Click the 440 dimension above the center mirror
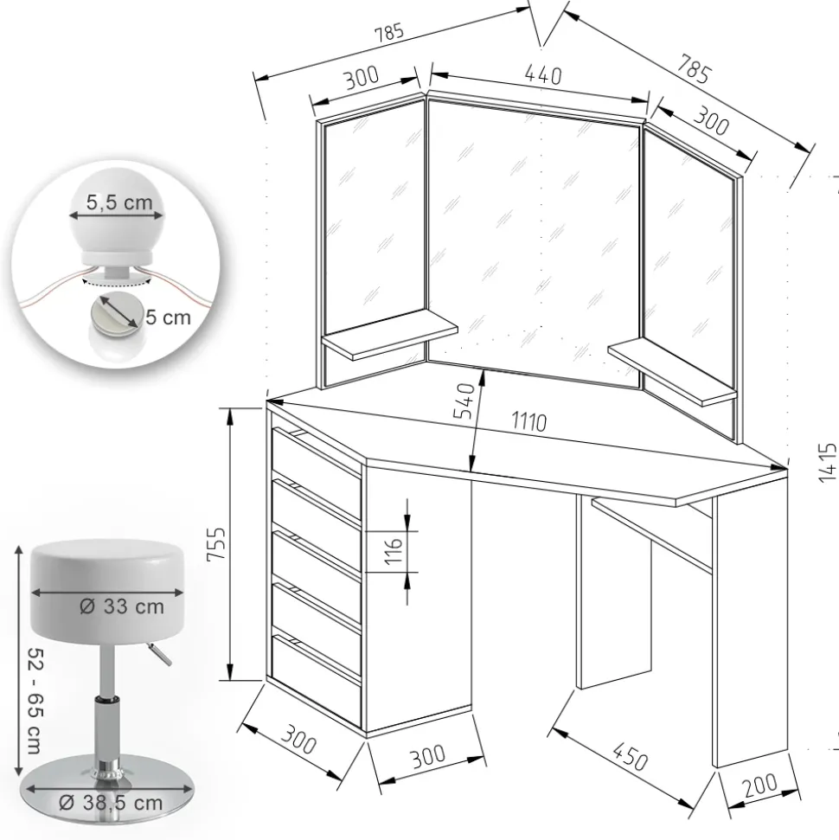click(543, 74)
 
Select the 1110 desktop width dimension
click(528, 421)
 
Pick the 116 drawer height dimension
click(393, 550)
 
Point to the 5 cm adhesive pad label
click(167, 317)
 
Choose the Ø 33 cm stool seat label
click(121, 606)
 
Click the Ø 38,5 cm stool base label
click(110, 802)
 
